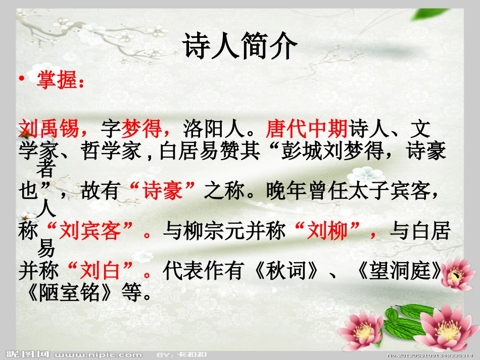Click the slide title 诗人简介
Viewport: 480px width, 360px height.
point(239,48)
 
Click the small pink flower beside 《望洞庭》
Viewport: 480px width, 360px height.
point(459,275)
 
